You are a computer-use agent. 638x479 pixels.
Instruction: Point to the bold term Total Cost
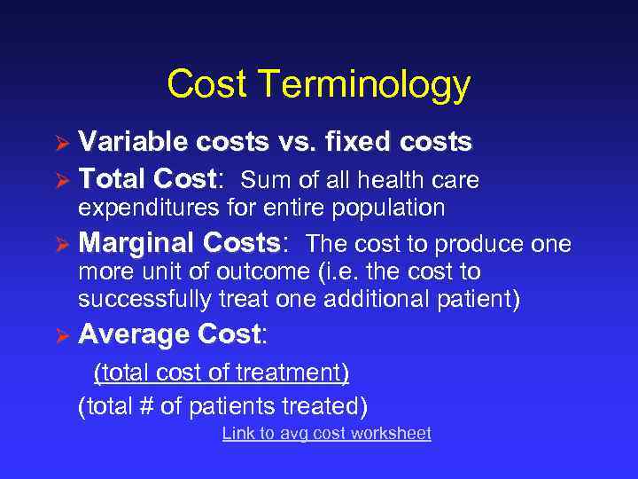coord(145,180)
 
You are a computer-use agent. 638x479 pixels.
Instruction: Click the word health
coord(394,181)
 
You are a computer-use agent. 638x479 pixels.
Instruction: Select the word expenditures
coord(143,208)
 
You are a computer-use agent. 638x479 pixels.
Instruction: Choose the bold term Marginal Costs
coord(178,243)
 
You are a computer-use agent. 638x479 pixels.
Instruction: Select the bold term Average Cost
coord(169,334)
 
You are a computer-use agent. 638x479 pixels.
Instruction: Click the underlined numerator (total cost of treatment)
coord(222,373)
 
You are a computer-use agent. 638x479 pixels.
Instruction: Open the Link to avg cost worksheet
coord(326,434)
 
